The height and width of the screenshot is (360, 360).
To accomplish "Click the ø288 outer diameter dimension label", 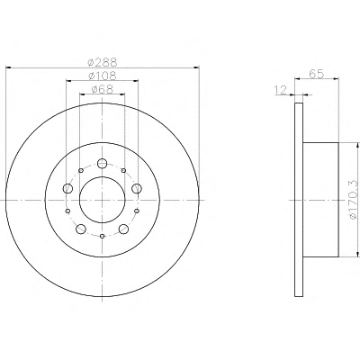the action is [x=103, y=62].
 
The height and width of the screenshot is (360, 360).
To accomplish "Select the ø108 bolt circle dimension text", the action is [x=103, y=76].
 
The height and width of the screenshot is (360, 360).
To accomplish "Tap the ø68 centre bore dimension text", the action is [x=103, y=89].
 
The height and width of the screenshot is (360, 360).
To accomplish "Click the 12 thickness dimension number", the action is [x=281, y=90].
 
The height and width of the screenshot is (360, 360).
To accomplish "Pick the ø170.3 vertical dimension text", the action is [x=354, y=200].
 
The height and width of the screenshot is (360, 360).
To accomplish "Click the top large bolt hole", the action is [x=103, y=163].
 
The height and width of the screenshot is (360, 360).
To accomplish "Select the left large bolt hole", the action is [x=68, y=188].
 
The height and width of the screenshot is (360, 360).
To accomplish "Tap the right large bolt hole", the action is [x=137, y=188].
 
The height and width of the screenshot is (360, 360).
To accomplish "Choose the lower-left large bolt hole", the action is [x=81, y=229].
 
